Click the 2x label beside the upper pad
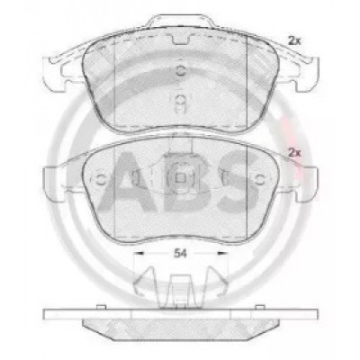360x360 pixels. click(x=294, y=40)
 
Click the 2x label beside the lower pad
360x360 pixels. click(x=294, y=153)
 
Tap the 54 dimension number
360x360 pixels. click(x=180, y=254)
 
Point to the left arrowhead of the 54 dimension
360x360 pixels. click(x=139, y=254)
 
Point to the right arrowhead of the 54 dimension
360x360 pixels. click(x=221, y=254)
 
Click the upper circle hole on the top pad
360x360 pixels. click(x=180, y=71)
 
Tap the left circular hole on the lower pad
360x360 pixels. click(x=101, y=179)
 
